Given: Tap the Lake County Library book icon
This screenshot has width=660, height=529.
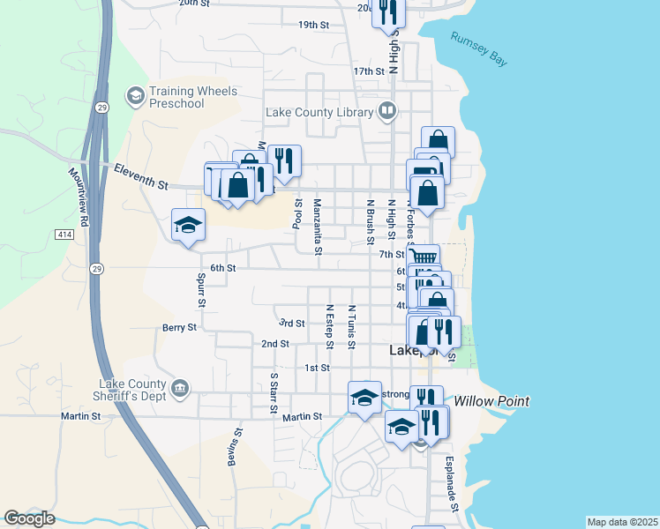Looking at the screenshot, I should click(x=386, y=111).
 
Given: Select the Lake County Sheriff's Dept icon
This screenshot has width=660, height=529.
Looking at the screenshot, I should click(x=179, y=388).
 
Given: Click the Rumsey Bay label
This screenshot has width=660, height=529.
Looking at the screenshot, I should click(x=479, y=50).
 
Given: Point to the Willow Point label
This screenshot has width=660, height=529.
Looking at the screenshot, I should click(x=492, y=401).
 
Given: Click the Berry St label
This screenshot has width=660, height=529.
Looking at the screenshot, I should click(x=179, y=327).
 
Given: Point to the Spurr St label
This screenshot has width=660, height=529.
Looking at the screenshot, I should click(x=202, y=290).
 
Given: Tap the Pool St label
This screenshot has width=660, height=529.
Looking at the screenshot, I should click(x=297, y=213).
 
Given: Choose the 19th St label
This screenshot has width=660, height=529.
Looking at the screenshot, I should click(x=313, y=25).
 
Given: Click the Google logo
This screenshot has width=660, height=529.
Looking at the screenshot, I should click(x=29, y=519).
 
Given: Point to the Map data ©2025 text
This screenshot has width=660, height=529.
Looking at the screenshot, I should click(x=622, y=522).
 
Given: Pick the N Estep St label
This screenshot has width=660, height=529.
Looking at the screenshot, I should click(x=329, y=322).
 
